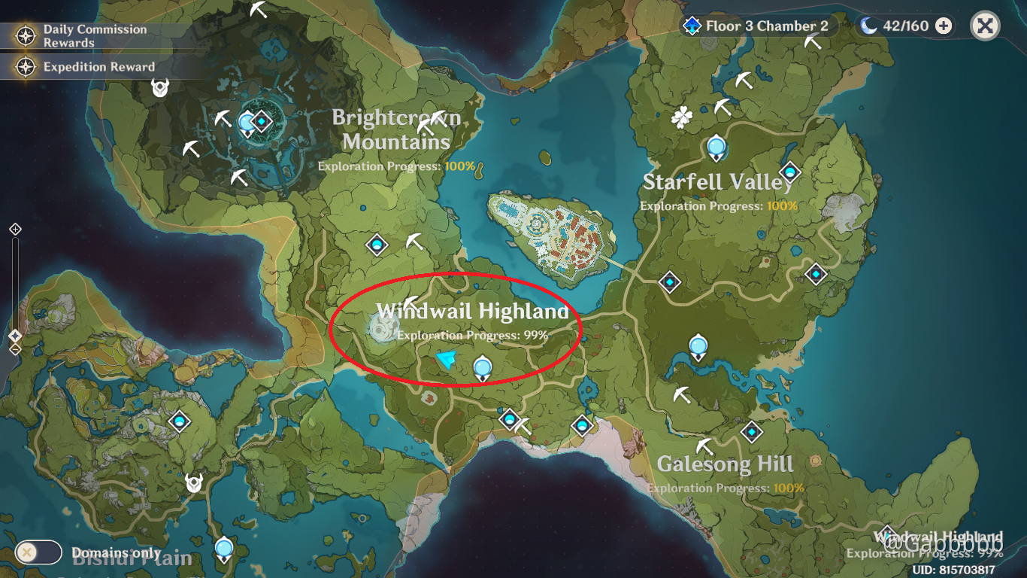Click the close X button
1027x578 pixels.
pyautogui.click(x=985, y=26)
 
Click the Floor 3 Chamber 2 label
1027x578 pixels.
pyautogui.click(x=766, y=26)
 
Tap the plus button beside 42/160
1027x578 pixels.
pyautogui.click(x=944, y=26)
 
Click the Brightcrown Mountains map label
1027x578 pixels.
pyautogui.click(x=396, y=129)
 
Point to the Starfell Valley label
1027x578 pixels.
pyautogui.click(x=718, y=182)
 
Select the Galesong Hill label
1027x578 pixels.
pyautogui.click(x=726, y=464)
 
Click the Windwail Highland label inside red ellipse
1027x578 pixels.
pyautogui.click(x=472, y=311)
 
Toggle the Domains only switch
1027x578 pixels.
pyautogui.click(x=38, y=552)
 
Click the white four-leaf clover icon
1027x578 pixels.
pyautogui.click(x=681, y=117)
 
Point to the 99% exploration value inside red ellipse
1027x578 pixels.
pyautogui.click(x=535, y=335)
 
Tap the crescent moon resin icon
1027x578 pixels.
pyautogui.click(x=869, y=26)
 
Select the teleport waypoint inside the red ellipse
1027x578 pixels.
pyautogui.click(x=482, y=368)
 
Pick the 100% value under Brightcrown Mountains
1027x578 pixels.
pyautogui.click(x=460, y=166)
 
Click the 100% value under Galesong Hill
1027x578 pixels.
pyautogui.click(x=789, y=488)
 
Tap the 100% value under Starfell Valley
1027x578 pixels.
pyautogui.click(x=782, y=205)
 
